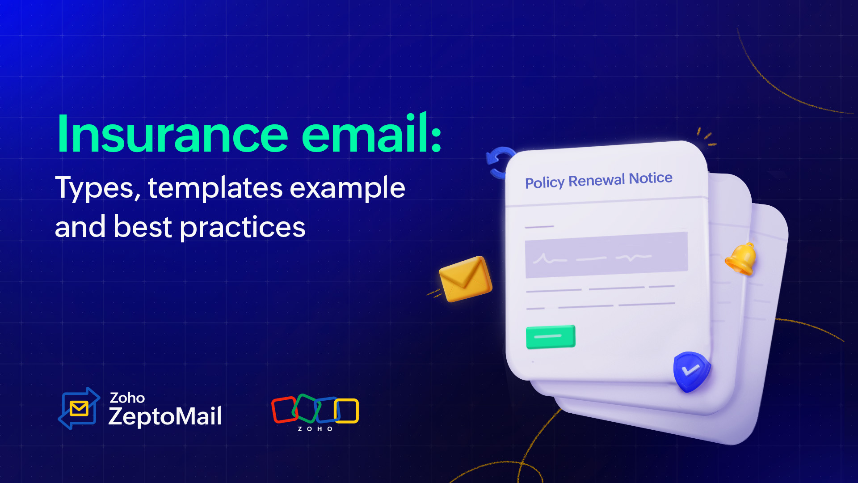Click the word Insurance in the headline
pos(172,134)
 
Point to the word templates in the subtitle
pos(215,188)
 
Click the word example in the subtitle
pos(347,188)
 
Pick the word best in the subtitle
pos(143,227)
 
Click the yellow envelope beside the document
pos(465,279)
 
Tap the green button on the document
pos(551,337)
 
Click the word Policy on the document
pos(545,182)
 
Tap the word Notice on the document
pos(651,178)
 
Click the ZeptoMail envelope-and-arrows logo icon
pos(79,408)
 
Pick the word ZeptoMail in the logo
pos(165,416)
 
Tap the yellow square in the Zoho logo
pos(347,411)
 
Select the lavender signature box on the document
pos(606,255)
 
